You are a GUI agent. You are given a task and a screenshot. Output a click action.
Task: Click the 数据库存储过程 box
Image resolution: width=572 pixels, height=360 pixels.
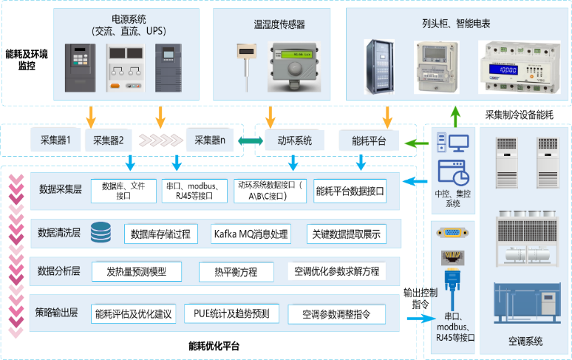click(x=160, y=234)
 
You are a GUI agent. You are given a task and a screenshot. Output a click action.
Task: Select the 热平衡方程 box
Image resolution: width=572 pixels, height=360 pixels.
click(x=236, y=271)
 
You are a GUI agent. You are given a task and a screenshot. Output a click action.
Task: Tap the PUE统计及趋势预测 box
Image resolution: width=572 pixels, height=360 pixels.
click(x=232, y=313)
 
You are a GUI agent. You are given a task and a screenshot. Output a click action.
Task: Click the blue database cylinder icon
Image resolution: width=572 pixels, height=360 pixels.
click(x=101, y=234)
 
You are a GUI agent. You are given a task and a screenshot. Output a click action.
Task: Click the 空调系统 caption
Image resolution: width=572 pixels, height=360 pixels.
click(x=525, y=342)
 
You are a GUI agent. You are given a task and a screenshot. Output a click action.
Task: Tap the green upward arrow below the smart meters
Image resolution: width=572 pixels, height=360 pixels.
click(x=456, y=114)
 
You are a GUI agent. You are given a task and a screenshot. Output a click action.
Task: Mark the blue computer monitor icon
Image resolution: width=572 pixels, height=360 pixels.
click(x=460, y=142)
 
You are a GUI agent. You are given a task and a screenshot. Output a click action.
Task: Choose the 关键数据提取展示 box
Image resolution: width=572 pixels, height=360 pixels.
click(x=346, y=234)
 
